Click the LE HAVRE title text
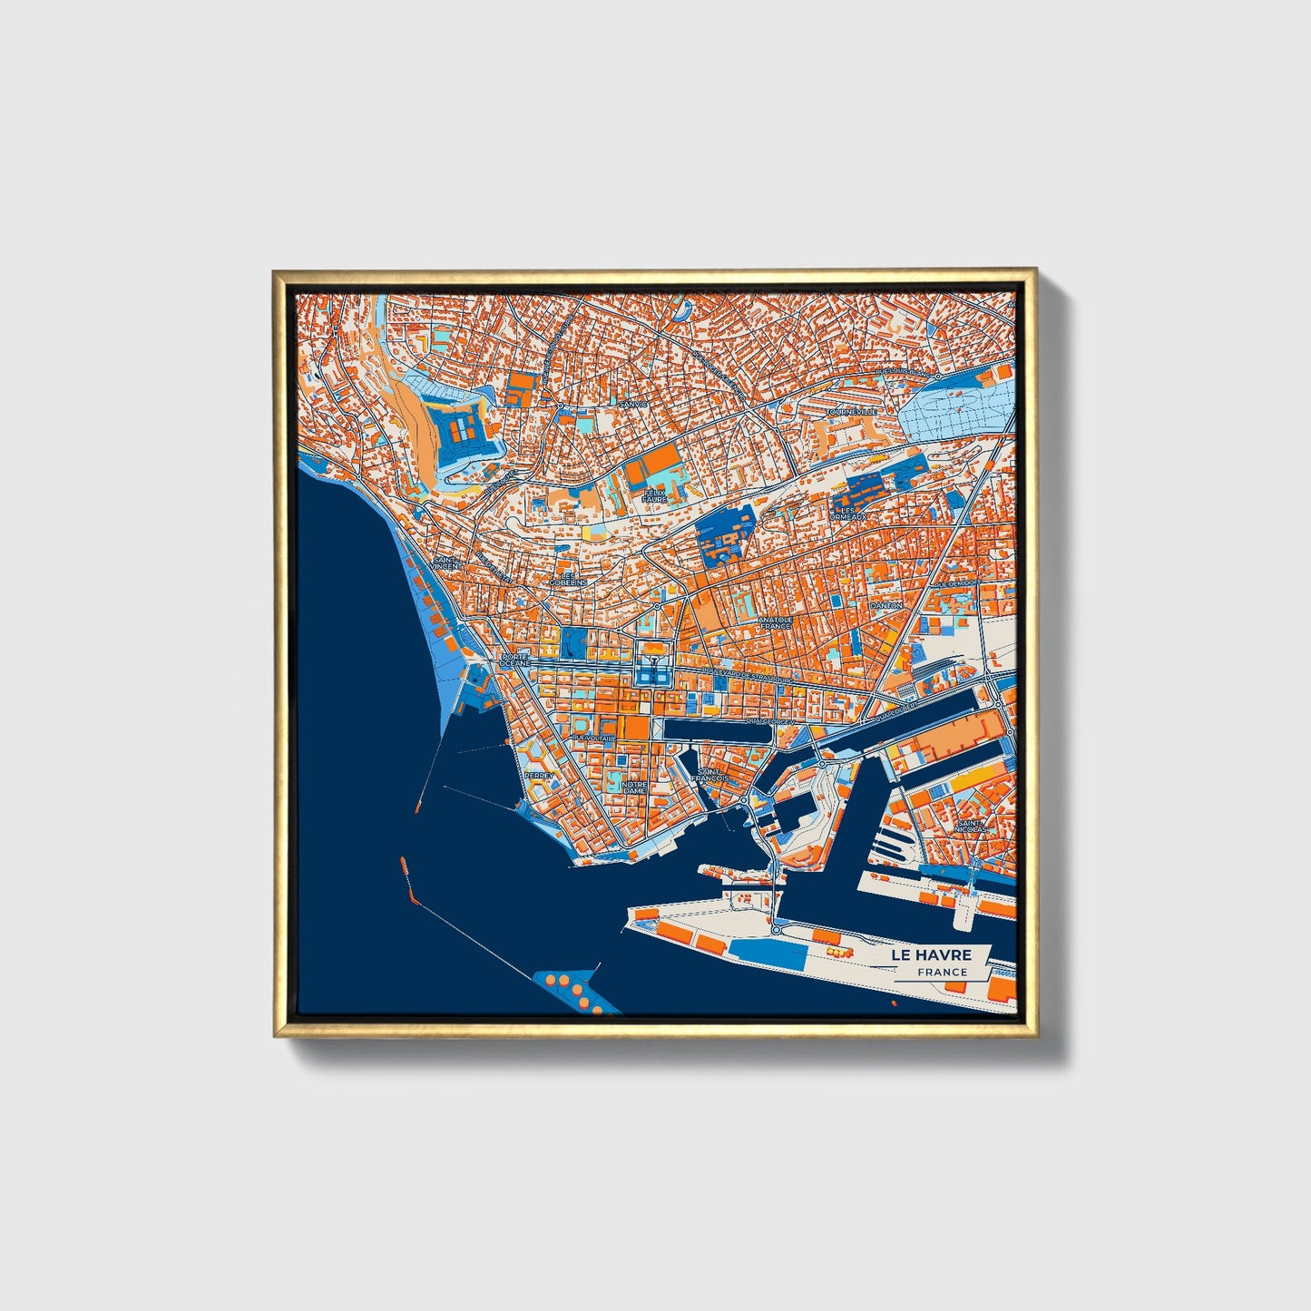(x=931, y=954)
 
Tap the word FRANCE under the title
(x=942, y=972)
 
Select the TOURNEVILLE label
(x=851, y=412)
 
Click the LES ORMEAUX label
(x=847, y=514)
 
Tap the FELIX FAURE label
(x=654, y=496)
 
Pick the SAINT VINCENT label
(x=445, y=563)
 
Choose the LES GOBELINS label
(x=573, y=579)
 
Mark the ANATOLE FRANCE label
(x=775, y=622)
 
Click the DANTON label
(x=885, y=604)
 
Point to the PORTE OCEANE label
(x=514, y=660)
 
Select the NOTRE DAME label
(x=634, y=787)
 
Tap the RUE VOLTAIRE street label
(x=593, y=739)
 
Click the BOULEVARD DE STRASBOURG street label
(x=747, y=674)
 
